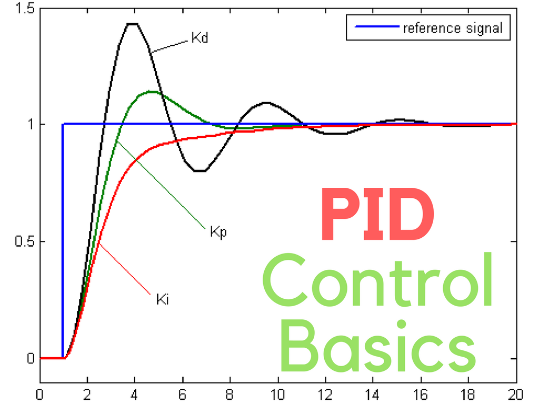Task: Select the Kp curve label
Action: (218, 232)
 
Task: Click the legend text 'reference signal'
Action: (453, 28)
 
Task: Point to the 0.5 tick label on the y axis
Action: (24, 241)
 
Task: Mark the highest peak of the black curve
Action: (132, 24)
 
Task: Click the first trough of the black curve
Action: (199, 171)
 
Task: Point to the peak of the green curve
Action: (152, 92)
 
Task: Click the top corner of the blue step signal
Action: (63, 124)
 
